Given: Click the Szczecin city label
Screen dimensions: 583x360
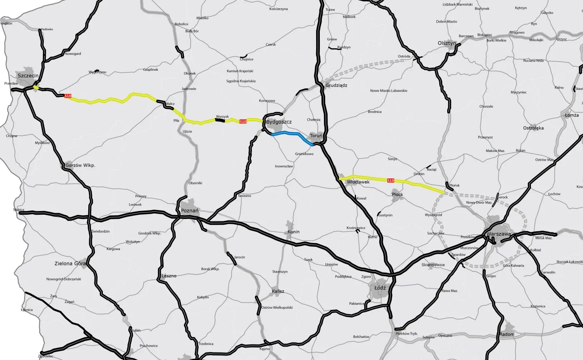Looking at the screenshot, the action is [28, 75].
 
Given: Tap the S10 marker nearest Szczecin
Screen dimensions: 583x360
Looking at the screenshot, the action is [68, 96].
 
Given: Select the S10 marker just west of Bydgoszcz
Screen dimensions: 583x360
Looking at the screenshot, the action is [243, 122].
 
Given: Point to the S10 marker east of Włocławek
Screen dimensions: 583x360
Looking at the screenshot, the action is [391, 181].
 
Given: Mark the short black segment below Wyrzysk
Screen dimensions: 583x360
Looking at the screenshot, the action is [220, 121].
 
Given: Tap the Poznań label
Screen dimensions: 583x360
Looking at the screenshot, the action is [189, 211].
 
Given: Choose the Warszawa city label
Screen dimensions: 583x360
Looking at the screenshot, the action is [499, 234].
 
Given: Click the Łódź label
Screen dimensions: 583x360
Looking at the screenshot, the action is [380, 288].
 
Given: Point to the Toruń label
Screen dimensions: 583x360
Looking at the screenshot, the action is [316, 136].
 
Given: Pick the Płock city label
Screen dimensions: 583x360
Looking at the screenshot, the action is [398, 194].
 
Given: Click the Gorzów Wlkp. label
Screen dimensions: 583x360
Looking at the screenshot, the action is [80, 165].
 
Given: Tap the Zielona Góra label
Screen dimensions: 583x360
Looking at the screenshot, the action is [70, 263].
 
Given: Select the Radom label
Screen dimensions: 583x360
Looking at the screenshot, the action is [507, 334].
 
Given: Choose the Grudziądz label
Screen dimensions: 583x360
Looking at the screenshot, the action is [336, 85].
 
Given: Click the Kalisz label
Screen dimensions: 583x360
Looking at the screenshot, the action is [278, 291].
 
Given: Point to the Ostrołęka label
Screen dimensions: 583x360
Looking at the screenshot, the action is [533, 128].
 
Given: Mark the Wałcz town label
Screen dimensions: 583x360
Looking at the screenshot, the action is [170, 104].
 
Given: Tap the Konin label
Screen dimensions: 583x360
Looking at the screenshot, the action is [293, 232].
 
